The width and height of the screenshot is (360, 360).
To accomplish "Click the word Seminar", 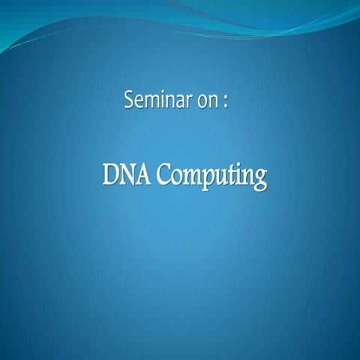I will [x=157, y=101].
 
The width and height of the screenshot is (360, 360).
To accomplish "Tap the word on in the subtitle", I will [x=208, y=102].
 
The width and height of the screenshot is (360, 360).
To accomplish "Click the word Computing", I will [x=211, y=177].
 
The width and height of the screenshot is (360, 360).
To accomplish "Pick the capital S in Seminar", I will [x=130, y=100].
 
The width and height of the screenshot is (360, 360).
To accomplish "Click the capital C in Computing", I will [x=163, y=175].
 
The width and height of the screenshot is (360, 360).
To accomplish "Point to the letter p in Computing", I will [x=206, y=179].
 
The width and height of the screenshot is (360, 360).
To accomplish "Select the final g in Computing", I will [x=259, y=180].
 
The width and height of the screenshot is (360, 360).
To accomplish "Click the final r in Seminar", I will [x=190, y=103].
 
